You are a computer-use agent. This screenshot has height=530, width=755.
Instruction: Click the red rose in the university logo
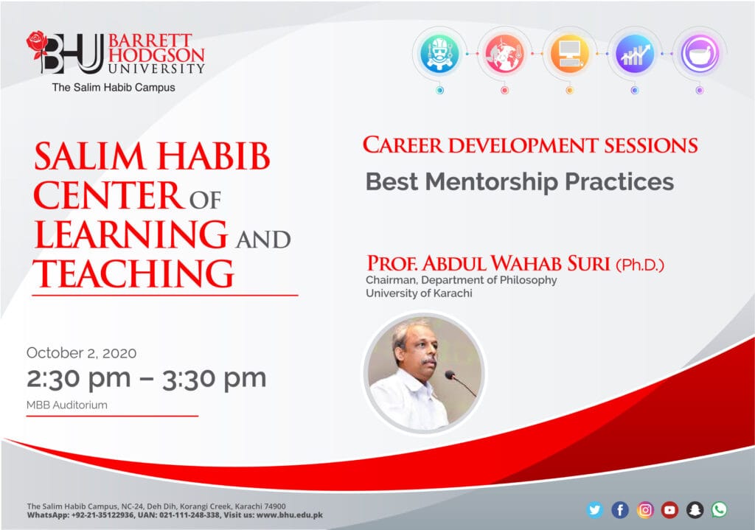pyautogui.click(x=37, y=45)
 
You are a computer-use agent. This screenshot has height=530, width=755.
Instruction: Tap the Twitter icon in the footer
pyautogui.click(x=595, y=510)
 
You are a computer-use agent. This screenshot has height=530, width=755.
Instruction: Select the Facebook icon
pyautogui.click(x=620, y=510)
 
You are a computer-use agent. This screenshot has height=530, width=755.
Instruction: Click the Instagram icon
pyautogui.click(x=645, y=510)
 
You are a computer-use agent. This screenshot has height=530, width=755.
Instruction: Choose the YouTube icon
pyautogui.click(x=669, y=510)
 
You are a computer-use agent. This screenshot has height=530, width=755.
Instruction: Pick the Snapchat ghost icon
pyautogui.click(x=695, y=510)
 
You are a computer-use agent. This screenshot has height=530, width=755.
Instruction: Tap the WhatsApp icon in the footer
pyautogui.click(x=720, y=510)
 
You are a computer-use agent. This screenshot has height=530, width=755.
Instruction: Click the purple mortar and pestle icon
pyautogui.click(x=700, y=53)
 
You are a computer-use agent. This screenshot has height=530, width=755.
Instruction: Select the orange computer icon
pyautogui.click(x=570, y=53)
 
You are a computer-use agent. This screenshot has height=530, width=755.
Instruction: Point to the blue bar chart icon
pyautogui.click(x=635, y=53)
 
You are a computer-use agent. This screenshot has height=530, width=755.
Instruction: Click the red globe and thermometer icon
pyautogui.click(x=504, y=53)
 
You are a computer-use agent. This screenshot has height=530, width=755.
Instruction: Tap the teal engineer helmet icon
pyautogui.click(x=439, y=53)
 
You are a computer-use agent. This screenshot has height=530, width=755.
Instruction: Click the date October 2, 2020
pyautogui.click(x=81, y=353)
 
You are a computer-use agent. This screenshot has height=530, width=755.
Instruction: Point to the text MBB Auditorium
pyautogui.click(x=67, y=405)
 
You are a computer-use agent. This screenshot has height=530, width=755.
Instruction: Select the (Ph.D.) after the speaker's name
pyautogui.click(x=640, y=265)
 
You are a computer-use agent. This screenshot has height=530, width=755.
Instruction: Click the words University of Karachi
pyautogui.click(x=419, y=293)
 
